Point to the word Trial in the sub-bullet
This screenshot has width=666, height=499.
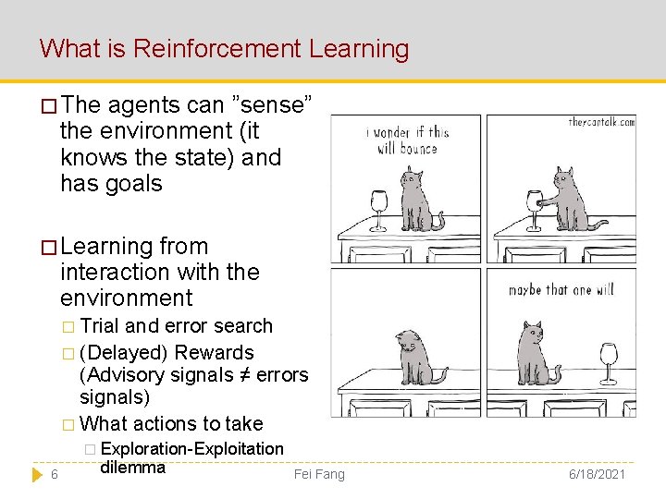tap(101, 326)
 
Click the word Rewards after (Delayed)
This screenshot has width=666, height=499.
tap(214, 353)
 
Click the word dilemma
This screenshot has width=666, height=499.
tap(131, 467)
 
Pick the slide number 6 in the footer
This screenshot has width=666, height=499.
tap(55, 474)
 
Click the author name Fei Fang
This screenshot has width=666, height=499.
tap(318, 474)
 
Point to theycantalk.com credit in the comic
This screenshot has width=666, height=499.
tap(601, 122)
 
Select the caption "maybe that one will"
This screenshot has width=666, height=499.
tap(561, 290)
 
